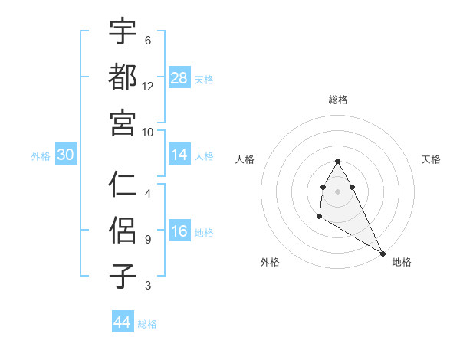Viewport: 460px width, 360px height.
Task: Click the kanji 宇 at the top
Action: (x=123, y=31)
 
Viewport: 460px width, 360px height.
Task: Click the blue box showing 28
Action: (x=179, y=77)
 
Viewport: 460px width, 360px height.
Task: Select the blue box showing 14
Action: (x=179, y=155)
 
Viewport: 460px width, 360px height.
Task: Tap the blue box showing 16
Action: (x=179, y=232)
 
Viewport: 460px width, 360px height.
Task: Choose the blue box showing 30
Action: (x=66, y=155)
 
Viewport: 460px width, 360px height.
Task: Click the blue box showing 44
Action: (x=123, y=322)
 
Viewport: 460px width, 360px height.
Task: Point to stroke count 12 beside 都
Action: (x=148, y=86)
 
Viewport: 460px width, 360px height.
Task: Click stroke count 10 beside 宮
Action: (x=148, y=131)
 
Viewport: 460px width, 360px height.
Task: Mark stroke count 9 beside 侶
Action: (x=147, y=239)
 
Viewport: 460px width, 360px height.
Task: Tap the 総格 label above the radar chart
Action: (x=338, y=100)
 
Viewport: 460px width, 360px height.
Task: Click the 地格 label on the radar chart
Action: (x=402, y=262)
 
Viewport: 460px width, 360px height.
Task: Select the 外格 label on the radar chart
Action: (x=270, y=262)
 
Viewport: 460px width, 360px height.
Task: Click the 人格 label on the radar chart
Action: (x=245, y=159)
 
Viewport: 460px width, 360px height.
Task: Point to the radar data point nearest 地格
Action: (x=383, y=254)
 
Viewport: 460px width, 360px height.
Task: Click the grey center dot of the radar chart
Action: (x=338, y=191)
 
